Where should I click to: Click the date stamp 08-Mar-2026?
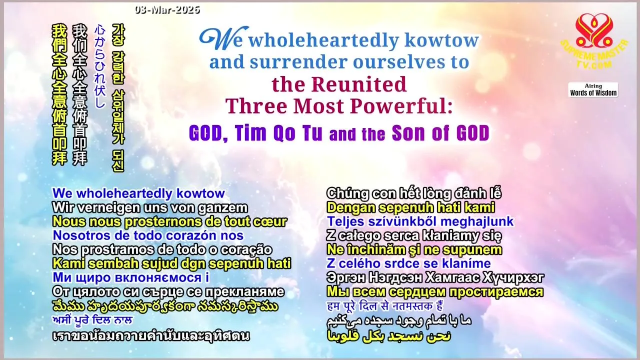click(x=167, y=10)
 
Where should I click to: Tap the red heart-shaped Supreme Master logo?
click(x=594, y=30)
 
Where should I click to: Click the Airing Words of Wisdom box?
click(x=593, y=89)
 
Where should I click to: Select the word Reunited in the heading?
click(x=358, y=84)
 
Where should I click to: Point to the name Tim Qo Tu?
click(x=278, y=133)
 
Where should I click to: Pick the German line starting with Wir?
click(x=150, y=207)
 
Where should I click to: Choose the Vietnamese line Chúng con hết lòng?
click(x=414, y=193)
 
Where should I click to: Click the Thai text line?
click(x=151, y=335)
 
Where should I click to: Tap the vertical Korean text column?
click(x=118, y=97)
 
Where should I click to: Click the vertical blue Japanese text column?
click(x=99, y=66)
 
